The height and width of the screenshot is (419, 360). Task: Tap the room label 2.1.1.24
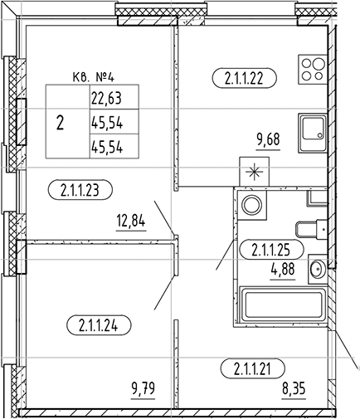(x=98, y=325)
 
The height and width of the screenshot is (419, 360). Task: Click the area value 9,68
(x=268, y=140)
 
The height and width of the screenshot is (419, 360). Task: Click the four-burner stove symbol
(x=313, y=69)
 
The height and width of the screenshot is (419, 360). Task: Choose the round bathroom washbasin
(x=317, y=267)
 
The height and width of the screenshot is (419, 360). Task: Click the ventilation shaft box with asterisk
(x=251, y=172)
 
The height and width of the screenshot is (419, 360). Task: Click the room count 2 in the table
(x=59, y=123)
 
